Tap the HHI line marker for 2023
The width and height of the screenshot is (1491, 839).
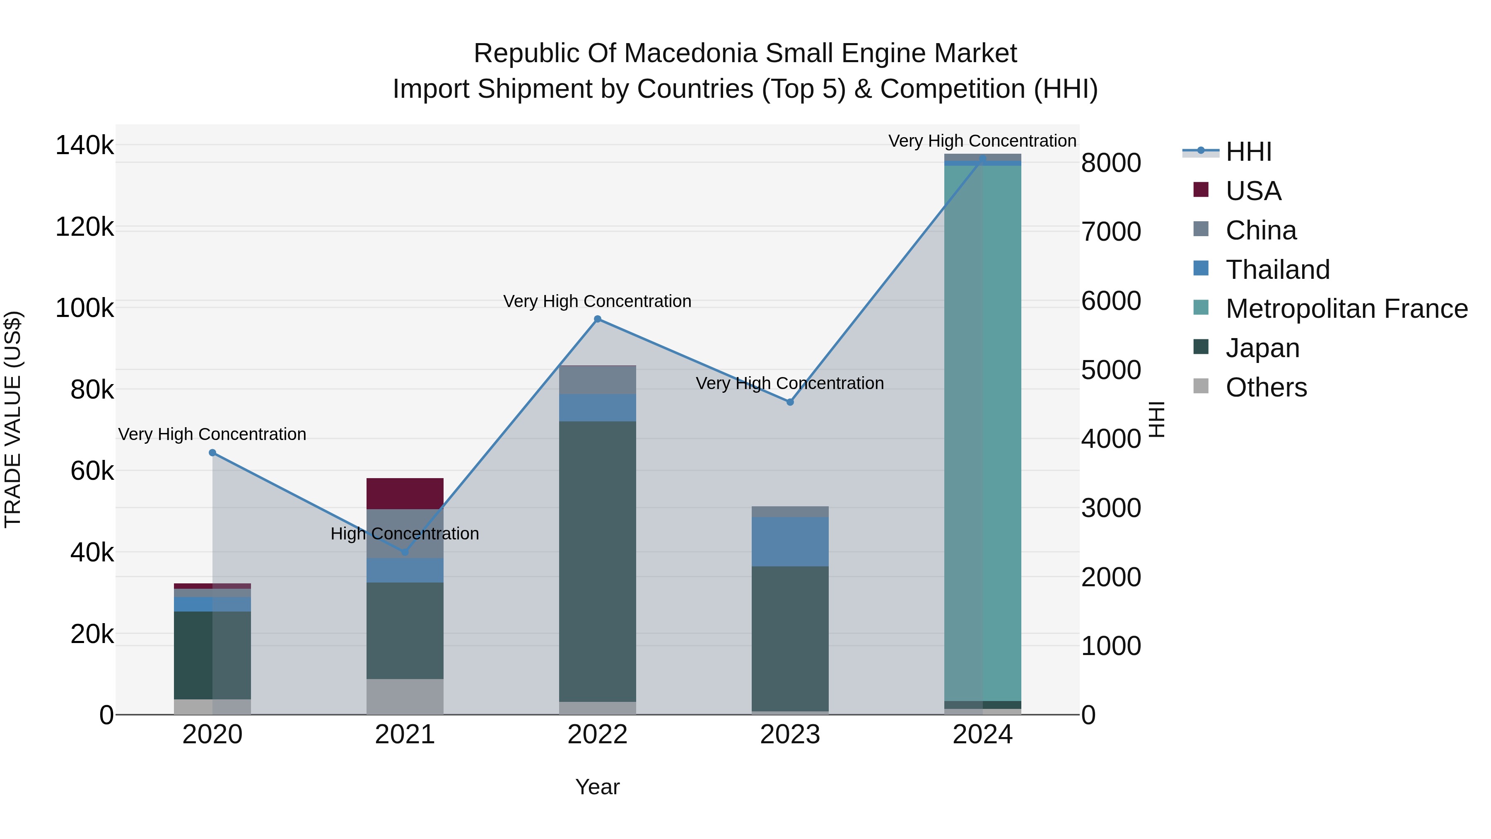pos(790,402)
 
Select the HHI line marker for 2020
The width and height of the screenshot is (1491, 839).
pos(212,453)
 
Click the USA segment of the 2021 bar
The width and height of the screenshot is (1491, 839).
pos(405,493)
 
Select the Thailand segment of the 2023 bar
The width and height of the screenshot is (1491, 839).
pos(790,542)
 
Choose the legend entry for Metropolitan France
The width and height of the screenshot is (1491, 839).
pos(1346,309)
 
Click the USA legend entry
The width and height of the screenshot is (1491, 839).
pos(1253,191)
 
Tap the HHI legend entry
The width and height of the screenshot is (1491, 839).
pos(1248,152)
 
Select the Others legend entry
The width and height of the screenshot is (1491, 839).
pos(1266,387)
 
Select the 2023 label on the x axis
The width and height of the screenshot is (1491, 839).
pos(790,735)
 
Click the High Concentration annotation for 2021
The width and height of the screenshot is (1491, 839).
pos(405,533)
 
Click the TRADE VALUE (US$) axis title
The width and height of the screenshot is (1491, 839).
pos(13,419)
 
